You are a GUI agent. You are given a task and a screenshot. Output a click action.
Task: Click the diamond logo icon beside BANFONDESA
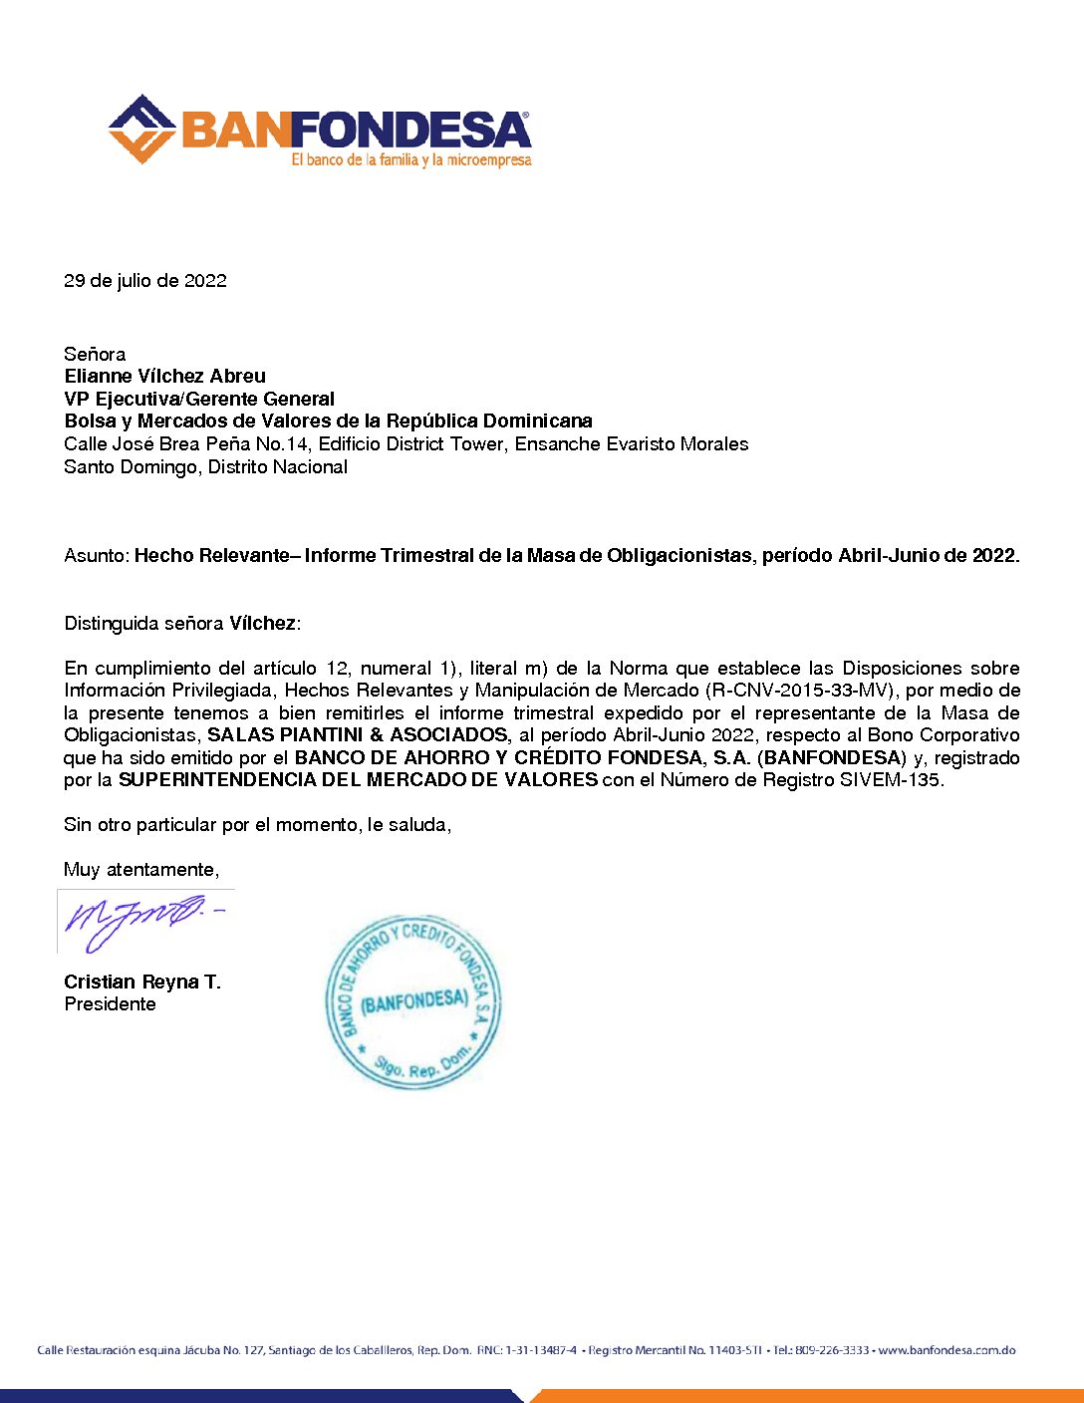[x=141, y=129]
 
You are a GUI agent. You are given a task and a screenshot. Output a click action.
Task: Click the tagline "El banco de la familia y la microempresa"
[x=411, y=160]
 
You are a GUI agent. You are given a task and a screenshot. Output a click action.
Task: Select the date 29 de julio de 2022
[x=145, y=281]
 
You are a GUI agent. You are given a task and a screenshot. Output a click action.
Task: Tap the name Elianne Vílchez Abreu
[x=164, y=376]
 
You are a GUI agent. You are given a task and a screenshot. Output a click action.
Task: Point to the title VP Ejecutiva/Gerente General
[x=199, y=399]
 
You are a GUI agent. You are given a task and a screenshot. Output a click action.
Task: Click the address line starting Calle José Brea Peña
[x=406, y=443]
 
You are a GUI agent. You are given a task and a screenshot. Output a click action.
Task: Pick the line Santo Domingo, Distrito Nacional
[x=205, y=466]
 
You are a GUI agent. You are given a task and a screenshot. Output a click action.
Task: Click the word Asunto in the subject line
[x=96, y=555]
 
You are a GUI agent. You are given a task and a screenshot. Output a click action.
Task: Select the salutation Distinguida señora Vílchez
[x=181, y=624]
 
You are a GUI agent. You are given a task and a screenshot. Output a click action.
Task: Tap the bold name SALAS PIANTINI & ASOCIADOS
[x=357, y=735]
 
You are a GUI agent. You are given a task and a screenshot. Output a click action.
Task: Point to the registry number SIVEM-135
[x=890, y=780]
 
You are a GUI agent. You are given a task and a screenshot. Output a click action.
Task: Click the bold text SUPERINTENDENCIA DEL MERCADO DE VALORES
[x=358, y=780]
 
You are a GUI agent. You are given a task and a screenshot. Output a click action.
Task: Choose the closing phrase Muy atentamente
[x=141, y=870]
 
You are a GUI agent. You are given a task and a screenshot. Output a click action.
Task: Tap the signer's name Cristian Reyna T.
[x=142, y=982]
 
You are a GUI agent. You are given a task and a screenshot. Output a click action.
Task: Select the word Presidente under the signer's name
[x=110, y=1004]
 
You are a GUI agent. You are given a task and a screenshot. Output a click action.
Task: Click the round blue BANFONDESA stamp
[x=413, y=1000]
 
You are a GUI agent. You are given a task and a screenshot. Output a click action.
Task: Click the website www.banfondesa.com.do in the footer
[x=947, y=1350]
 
